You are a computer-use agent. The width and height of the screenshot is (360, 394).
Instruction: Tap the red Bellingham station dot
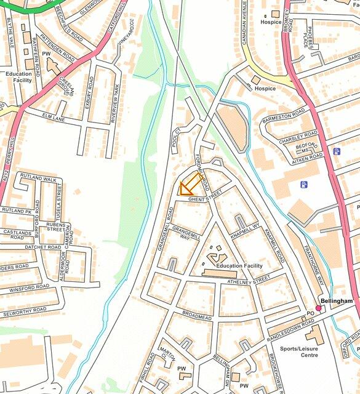pyautogui.click(x=319, y=308)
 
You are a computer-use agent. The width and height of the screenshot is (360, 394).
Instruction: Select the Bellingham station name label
pyautogui.click(x=337, y=300)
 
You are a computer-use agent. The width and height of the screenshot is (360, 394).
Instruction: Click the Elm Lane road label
pyautogui.click(x=54, y=116)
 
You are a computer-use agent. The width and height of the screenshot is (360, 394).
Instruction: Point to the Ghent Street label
pyautogui.click(x=205, y=198)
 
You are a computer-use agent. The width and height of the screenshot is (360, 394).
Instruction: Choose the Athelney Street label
pyautogui.click(x=249, y=278)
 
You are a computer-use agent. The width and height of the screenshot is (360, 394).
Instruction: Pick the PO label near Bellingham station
pyautogui.click(x=310, y=313)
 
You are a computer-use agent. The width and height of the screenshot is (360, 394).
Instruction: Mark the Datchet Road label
pyautogui.click(x=43, y=247)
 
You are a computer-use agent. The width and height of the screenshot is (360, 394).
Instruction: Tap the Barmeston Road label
pyautogui.click(x=283, y=115)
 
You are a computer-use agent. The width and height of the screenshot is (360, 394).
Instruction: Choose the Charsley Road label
pyautogui.click(x=298, y=135)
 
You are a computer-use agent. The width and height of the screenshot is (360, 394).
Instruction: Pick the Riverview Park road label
pyautogui.click(x=113, y=100)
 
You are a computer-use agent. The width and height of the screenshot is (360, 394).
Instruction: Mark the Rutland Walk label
pyautogui.click(x=38, y=179)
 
